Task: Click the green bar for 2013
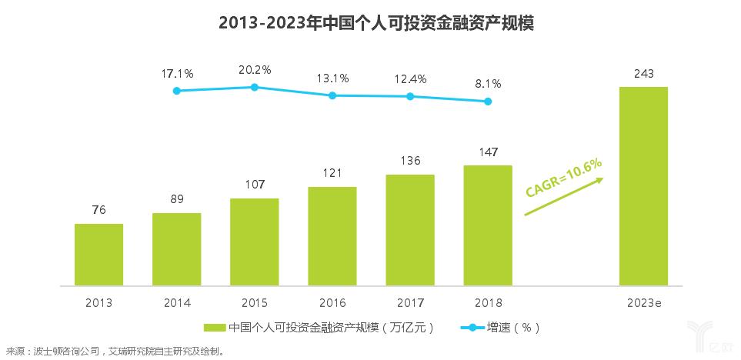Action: (98, 254)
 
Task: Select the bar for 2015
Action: (254, 241)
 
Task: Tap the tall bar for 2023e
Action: (643, 185)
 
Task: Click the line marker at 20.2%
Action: (255, 87)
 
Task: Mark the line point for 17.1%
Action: (177, 91)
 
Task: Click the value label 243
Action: (644, 74)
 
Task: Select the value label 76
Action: (98, 210)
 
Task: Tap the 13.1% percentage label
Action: (332, 78)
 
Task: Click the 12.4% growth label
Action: (410, 78)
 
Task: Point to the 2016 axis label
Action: (332, 302)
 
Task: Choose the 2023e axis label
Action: (644, 302)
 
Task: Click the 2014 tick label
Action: (177, 302)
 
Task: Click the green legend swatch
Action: (215, 327)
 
